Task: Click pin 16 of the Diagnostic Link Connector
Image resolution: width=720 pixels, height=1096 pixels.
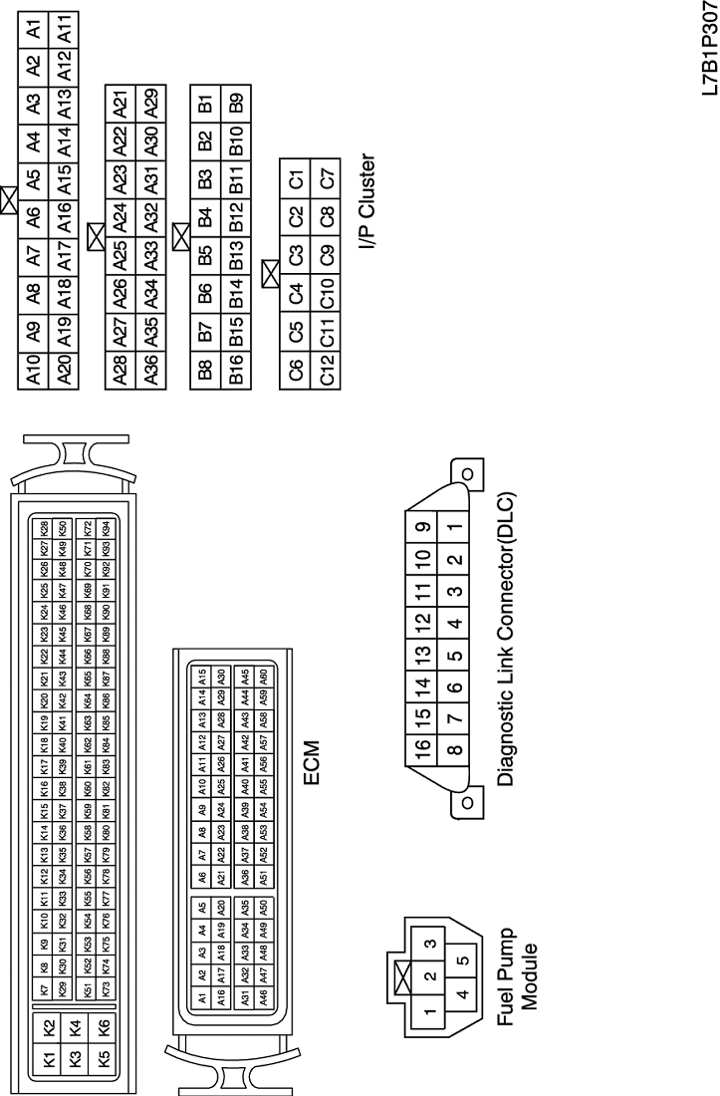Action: [424, 749]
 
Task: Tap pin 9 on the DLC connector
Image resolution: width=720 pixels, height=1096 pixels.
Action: [424, 528]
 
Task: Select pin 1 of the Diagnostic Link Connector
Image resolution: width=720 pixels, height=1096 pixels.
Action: [454, 528]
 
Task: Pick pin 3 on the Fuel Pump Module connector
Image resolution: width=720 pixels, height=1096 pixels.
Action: [430, 944]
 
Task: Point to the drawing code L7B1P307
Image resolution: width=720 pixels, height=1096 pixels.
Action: [708, 50]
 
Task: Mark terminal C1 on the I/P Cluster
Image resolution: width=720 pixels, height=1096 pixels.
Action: [296, 183]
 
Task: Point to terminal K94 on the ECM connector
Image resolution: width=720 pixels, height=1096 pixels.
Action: [107, 527]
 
